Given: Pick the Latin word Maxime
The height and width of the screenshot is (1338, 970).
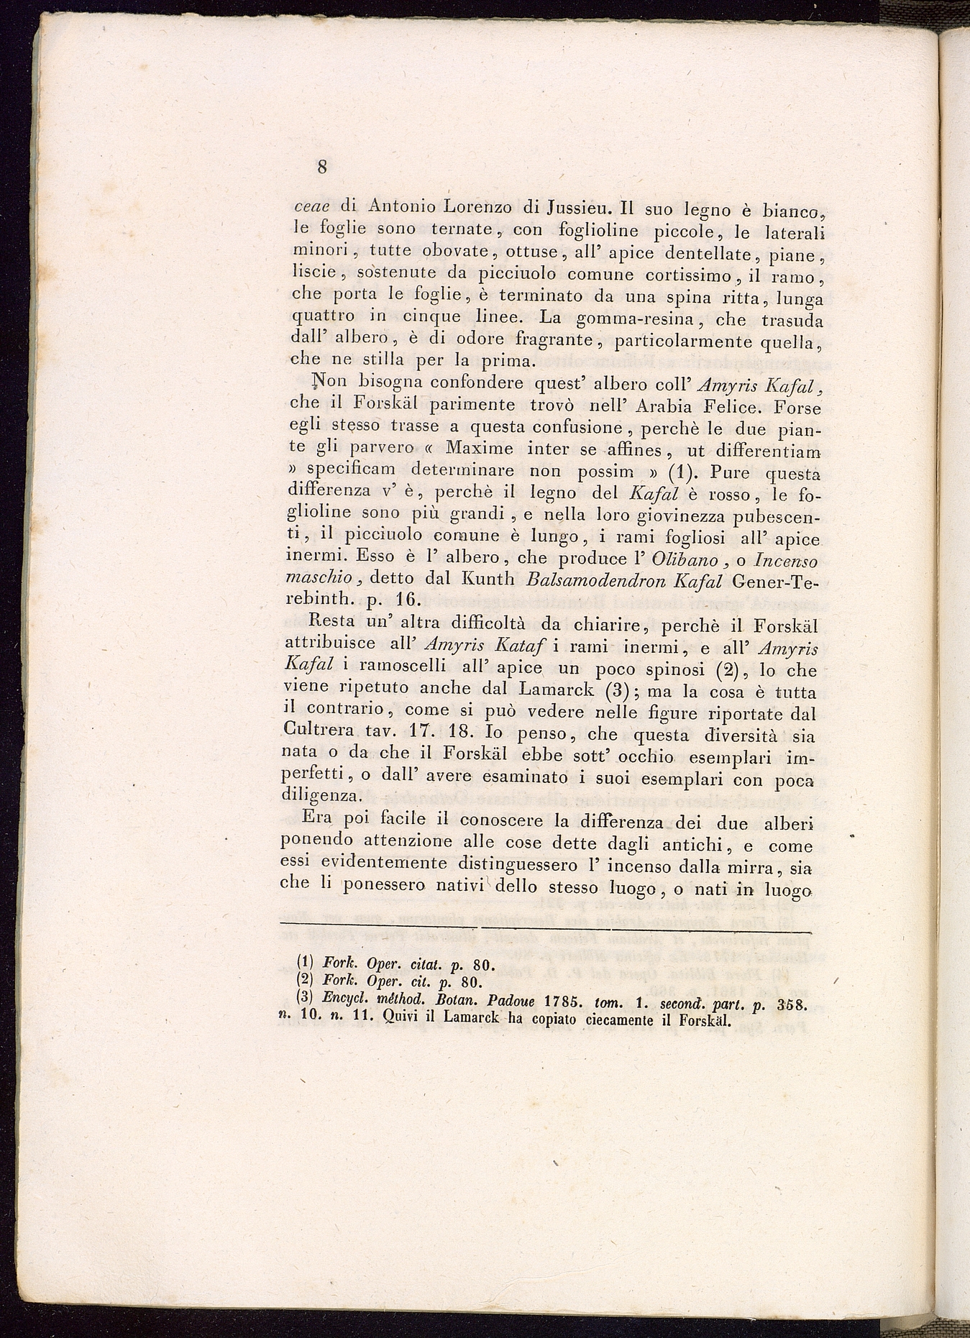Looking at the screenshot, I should pos(479,450).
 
